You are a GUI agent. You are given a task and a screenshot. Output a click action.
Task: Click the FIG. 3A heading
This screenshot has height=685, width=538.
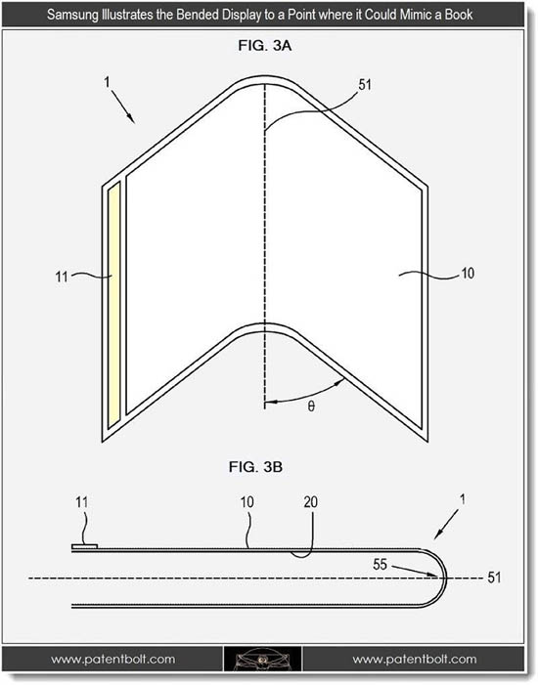(265, 45)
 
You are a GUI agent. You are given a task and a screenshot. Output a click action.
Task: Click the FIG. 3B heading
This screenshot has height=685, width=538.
(255, 467)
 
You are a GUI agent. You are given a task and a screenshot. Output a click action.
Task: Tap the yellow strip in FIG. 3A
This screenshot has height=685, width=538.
(113, 305)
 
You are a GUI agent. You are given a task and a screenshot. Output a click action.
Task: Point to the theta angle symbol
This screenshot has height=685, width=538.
(311, 407)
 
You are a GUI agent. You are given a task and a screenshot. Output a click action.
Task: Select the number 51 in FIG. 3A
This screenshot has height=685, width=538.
(365, 85)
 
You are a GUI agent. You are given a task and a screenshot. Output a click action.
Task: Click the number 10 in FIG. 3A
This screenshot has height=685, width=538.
(468, 274)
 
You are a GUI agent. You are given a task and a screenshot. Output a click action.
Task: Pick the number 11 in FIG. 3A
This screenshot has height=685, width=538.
(62, 277)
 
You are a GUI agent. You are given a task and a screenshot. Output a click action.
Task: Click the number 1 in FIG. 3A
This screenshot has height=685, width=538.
(108, 82)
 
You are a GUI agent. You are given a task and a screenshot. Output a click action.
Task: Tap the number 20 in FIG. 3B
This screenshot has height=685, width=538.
(310, 502)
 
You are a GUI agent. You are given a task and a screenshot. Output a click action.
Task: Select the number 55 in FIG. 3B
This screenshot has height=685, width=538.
(381, 565)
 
